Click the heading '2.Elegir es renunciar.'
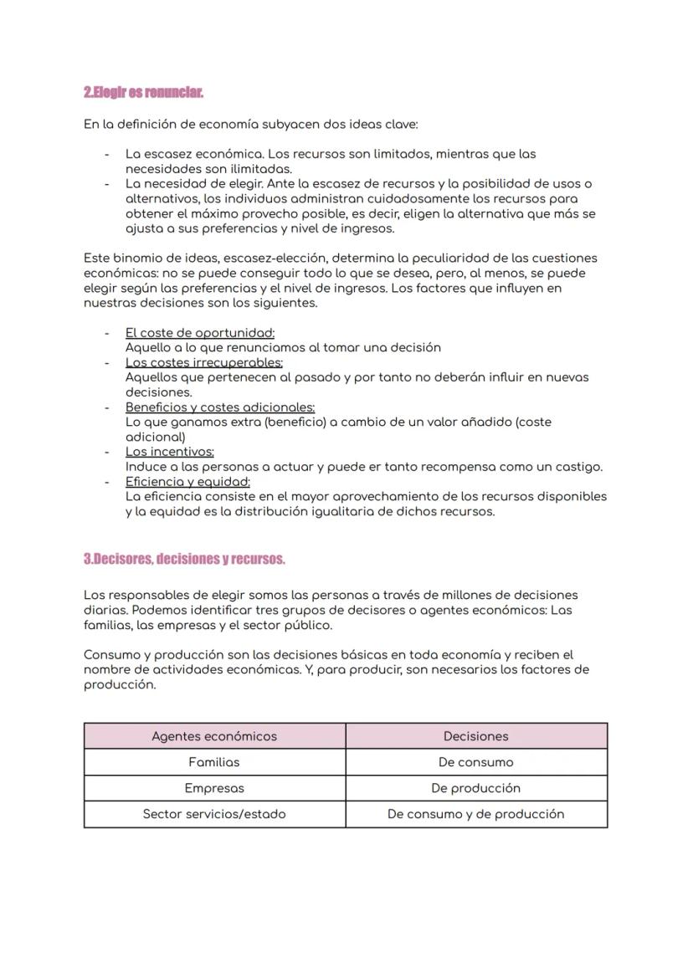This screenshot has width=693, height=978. click(x=143, y=91)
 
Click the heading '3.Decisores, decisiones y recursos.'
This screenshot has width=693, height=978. click(x=184, y=559)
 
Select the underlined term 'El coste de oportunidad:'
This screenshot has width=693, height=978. click(x=200, y=333)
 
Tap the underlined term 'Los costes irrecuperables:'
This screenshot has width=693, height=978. click(x=204, y=362)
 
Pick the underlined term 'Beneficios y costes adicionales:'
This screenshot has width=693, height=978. click(x=220, y=407)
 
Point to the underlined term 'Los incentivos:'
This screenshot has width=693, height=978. click(x=170, y=452)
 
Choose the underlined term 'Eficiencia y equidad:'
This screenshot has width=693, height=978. click(x=187, y=482)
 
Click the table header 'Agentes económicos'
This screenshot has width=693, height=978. click(x=214, y=736)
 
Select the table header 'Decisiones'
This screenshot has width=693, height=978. click(x=475, y=736)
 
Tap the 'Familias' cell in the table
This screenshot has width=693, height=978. click(x=214, y=762)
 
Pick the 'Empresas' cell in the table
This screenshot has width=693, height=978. click(x=214, y=788)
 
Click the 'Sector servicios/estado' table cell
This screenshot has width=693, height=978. click(x=214, y=814)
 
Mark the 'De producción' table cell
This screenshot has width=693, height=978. click(x=475, y=788)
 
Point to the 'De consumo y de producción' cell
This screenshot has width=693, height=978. click(x=475, y=814)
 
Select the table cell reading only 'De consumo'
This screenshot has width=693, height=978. click(x=475, y=762)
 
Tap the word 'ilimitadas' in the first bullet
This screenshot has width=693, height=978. click(x=261, y=169)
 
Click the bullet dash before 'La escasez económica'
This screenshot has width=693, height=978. click(x=107, y=155)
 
